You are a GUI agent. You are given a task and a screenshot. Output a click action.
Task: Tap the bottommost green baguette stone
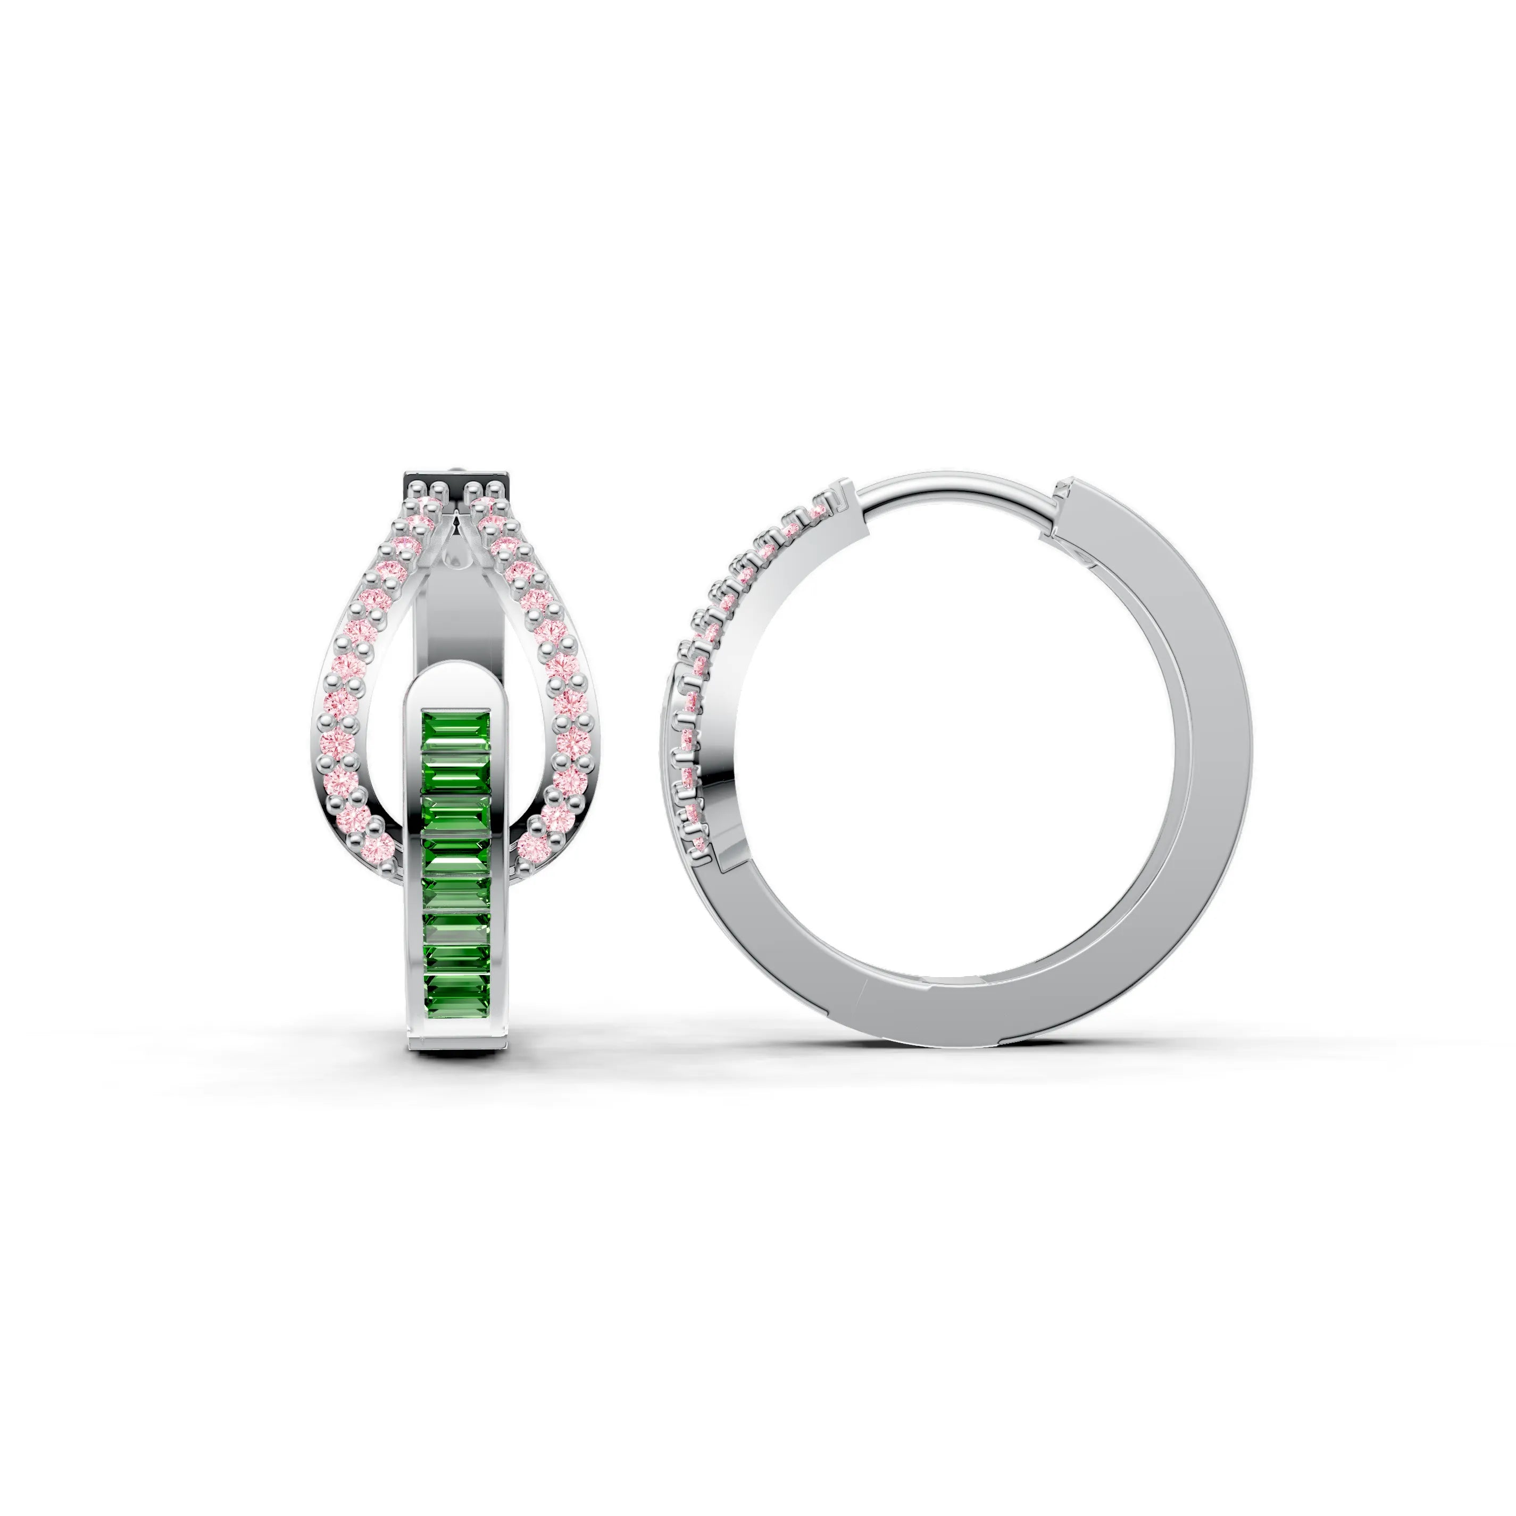tap(456, 987)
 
